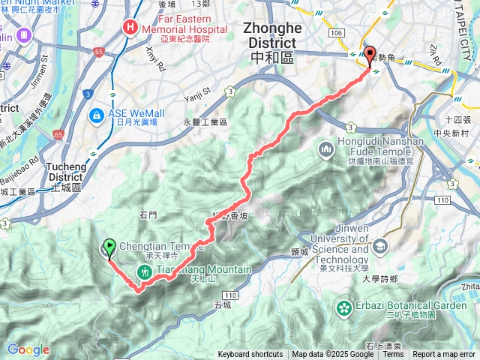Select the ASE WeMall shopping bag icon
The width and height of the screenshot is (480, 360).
click(x=97, y=115)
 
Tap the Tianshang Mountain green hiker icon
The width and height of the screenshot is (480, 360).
click(x=142, y=271)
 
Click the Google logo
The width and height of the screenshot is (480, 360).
click(x=28, y=349)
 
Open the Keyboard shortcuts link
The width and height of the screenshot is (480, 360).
click(x=250, y=355)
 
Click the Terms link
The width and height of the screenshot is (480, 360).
click(x=393, y=355)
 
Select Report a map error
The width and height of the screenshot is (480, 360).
click(x=444, y=355)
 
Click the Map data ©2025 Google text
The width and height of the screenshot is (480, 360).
click(x=332, y=355)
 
